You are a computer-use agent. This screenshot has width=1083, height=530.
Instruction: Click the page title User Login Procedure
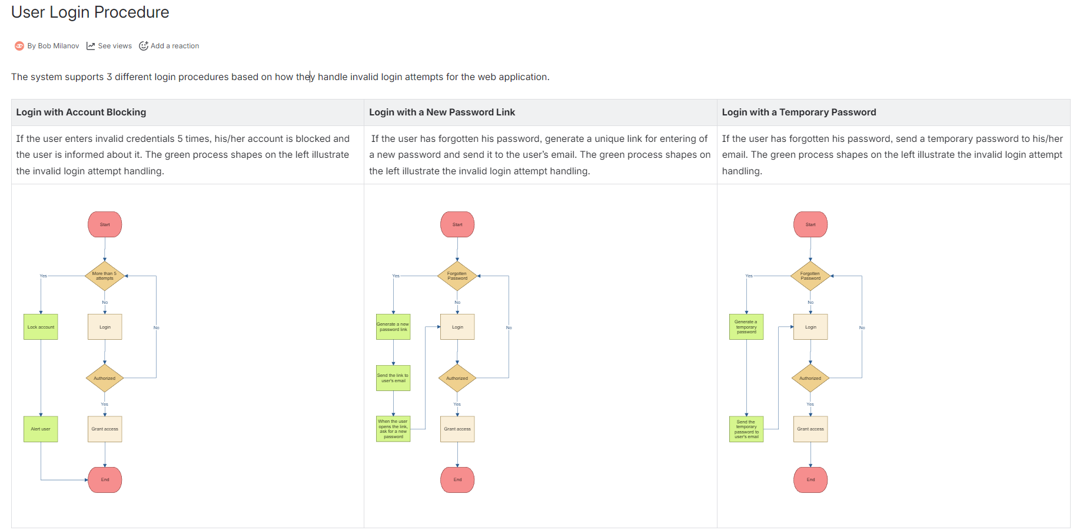pyautogui.click(x=90, y=12)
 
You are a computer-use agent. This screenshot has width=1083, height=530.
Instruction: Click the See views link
pyautogui.click(x=114, y=46)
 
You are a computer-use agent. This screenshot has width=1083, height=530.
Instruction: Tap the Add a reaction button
pyautogui.click(x=174, y=46)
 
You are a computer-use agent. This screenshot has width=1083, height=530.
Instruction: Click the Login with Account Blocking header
pyautogui.click(x=81, y=112)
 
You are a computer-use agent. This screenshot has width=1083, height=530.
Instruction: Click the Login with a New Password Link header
pyautogui.click(x=441, y=112)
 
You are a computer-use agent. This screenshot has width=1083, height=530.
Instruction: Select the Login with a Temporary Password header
pyautogui.click(x=799, y=112)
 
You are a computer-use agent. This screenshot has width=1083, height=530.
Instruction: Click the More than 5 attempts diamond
pyautogui.click(x=105, y=276)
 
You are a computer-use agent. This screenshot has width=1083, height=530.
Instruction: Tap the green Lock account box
pyautogui.click(x=41, y=327)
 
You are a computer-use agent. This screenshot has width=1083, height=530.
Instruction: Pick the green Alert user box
pyautogui.click(x=41, y=429)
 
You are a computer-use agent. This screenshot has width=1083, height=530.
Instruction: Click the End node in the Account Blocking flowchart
pyautogui.click(x=105, y=479)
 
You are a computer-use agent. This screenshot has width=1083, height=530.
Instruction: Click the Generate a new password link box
pyautogui.click(x=393, y=327)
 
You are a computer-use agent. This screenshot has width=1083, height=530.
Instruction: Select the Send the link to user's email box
pyautogui.click(x=393, y=378)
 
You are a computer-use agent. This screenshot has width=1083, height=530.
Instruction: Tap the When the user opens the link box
pyautogui.click(x=393, y=429)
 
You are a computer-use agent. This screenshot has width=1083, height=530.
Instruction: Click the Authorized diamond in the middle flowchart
pyautogui.click(x=457, y=378)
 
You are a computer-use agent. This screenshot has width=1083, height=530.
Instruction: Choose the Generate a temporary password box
pyautogui.click(x=746, y=327)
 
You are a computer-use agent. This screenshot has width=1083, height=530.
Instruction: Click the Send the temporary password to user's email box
pyautogui.click(x=746, y=429)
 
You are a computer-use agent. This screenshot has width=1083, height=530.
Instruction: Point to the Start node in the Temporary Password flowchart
pyautogui.click(x=810, y=224)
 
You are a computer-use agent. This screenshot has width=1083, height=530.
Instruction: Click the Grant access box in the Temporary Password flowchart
pyautogui.click(x=810, y=429)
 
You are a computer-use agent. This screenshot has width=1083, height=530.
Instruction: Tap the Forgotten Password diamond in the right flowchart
pyautogui.click(x=810, y=276)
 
